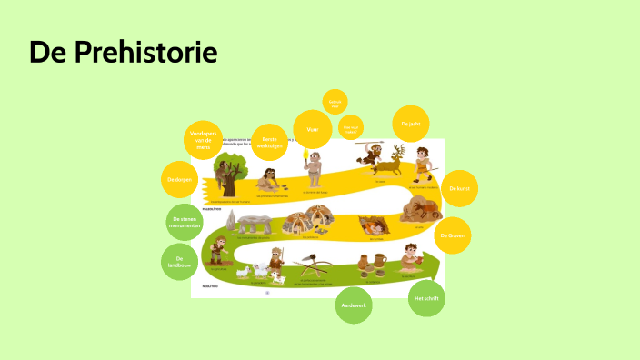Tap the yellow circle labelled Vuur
coord(312,130)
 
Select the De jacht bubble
coord(411,123)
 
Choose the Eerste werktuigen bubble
coord(270,142)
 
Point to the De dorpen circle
coord(179,180)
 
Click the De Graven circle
coord(452,235)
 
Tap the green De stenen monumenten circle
coord(184,222)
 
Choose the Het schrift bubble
coord(426,298)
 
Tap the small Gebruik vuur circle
coord(335,105)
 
